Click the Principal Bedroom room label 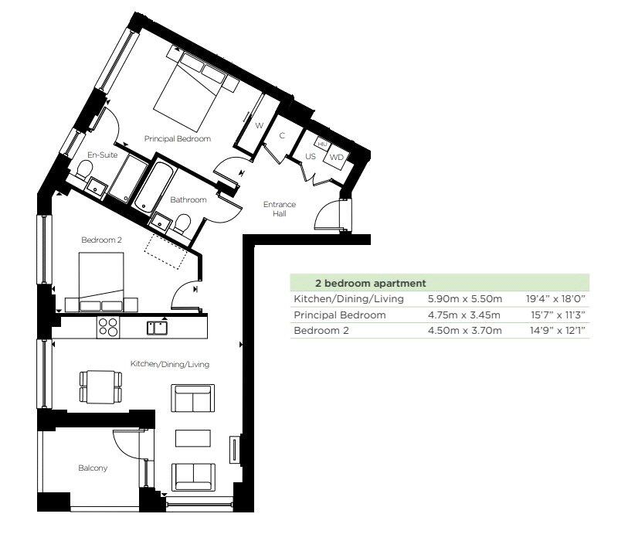coord(178,138)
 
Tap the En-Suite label coord(103,155)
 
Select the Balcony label coord(93,468)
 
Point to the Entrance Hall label coord(280,209)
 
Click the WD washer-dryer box coord(337,158)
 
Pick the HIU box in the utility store coord(323,144)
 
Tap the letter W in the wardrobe coord(260,125)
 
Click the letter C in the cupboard coord(282,135)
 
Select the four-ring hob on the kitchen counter coord(108,327)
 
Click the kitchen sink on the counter coord(157,328)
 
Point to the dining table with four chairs coord(101,387)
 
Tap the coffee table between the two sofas coord(193,438)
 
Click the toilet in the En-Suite coord(84,169)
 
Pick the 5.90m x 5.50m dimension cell coord(465,299)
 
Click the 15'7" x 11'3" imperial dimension coord(558,315)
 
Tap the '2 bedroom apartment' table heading coord(371,284)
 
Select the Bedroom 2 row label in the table coord(321,331)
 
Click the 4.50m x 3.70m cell coord(465,331)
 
